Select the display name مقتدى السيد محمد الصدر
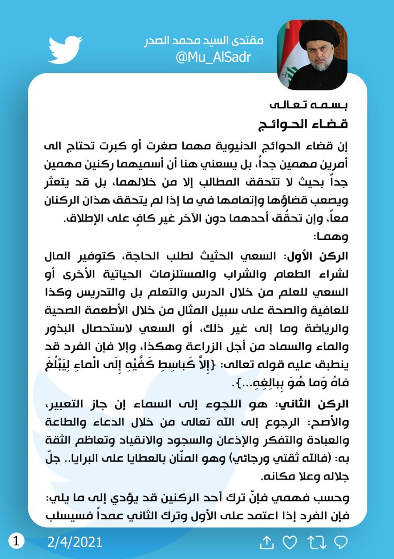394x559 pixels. pos(204,41)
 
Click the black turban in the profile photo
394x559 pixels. pos(319,35)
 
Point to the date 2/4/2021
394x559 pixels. pos(75,542)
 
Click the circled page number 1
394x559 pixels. pos(16,542)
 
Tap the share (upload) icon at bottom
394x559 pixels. pos(266,542)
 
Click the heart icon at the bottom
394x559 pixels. pos(290,542)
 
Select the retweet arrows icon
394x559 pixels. pos(315,542)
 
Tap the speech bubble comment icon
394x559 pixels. pos(340,542)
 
